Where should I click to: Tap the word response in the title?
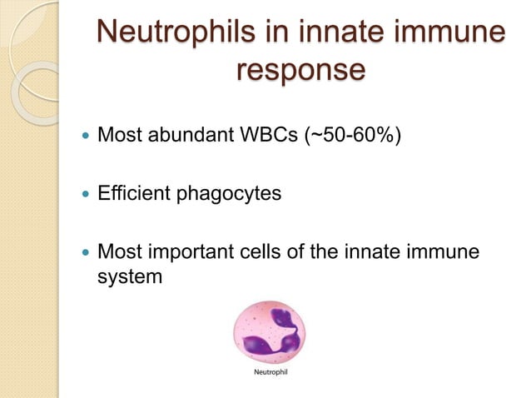[300, 70]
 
